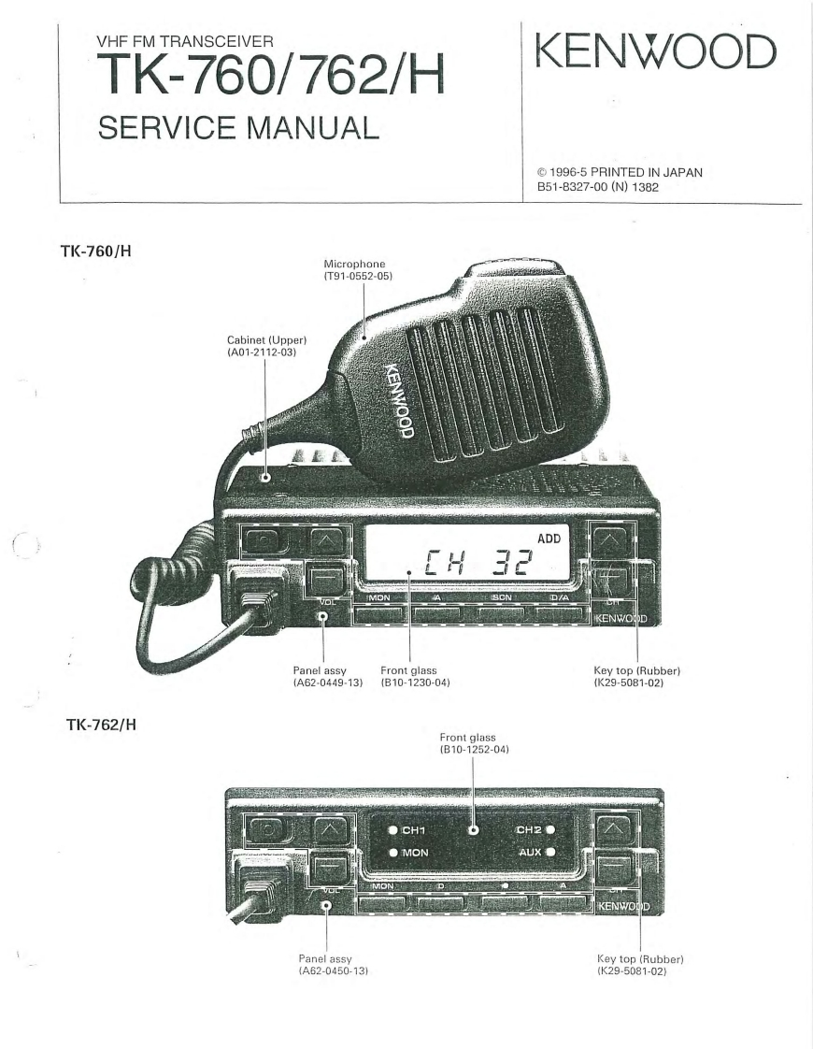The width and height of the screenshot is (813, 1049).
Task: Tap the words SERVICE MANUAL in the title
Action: coord(237,128)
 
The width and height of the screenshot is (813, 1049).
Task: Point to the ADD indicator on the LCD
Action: coord(549,539)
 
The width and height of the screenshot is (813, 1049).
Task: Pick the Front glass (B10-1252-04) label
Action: coord(473,743)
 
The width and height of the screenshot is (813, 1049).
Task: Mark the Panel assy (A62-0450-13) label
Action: coord(327,964)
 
